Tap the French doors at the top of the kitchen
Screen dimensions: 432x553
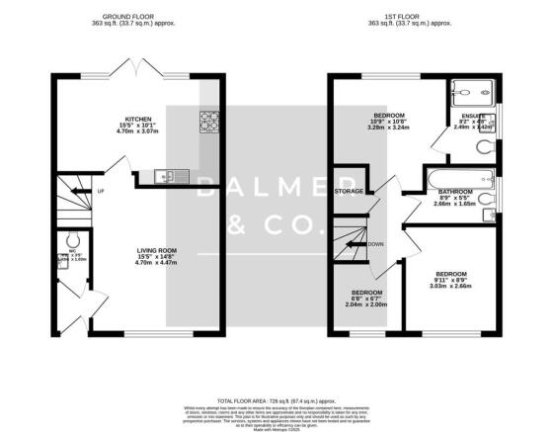137,71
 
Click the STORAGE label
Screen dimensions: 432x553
351,190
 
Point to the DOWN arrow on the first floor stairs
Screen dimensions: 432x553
372,243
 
